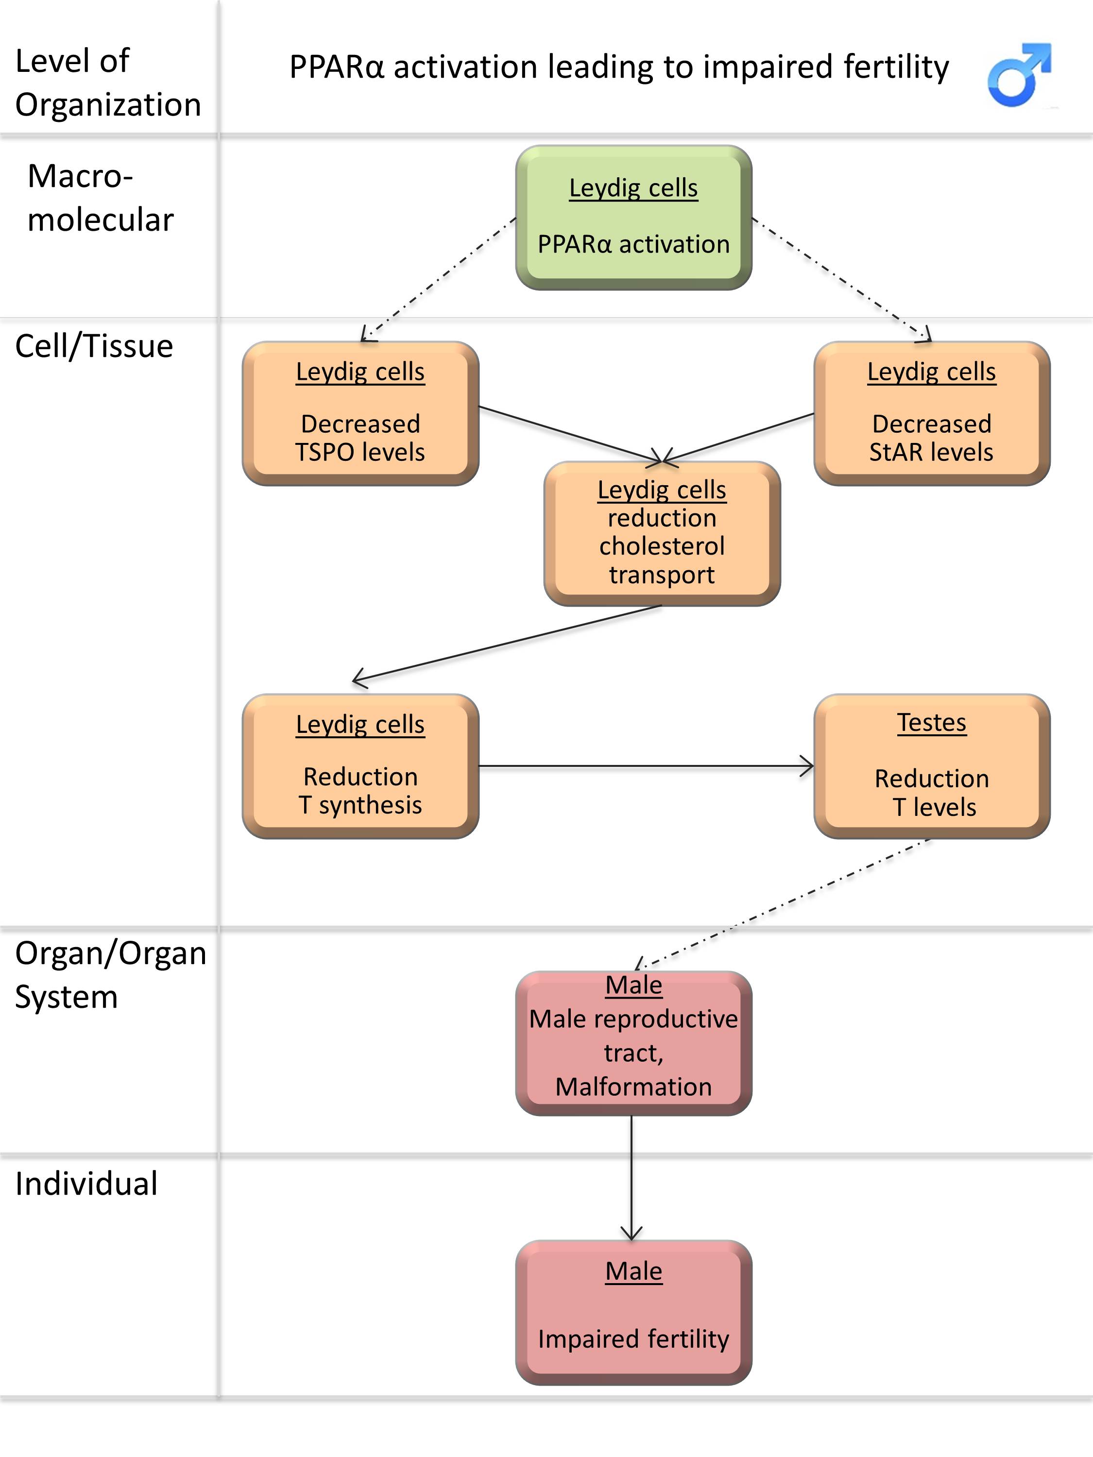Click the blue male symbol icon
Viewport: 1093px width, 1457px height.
click(1019, 74)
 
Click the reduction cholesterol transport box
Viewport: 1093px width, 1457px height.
click(662, 534)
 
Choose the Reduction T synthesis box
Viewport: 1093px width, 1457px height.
click(360, 766)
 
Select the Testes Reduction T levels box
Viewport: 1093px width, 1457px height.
click(932, 766)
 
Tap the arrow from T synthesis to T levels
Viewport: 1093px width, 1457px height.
click(646, 766)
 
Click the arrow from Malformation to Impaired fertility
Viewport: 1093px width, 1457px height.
click(632, 1178)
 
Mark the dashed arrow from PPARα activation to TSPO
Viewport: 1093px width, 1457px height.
click(439, 279)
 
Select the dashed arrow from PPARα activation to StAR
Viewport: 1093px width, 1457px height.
click(841, 279)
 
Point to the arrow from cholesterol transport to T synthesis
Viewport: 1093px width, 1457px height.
click(507, 643)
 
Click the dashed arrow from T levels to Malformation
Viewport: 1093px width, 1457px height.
click(783, 904)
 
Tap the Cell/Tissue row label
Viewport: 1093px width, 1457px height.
click(94, 346)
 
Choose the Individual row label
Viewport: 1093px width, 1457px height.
click(86, 1183)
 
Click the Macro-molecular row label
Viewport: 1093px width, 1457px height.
click(100, 198)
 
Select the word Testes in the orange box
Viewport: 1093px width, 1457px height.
click(932, 723)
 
